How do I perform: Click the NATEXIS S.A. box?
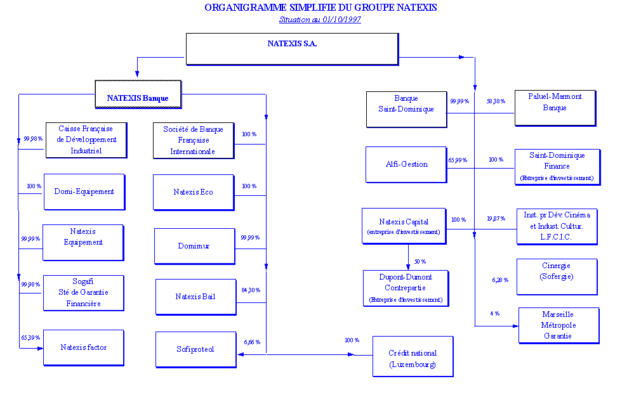[x=292, y=49]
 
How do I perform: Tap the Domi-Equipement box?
[x=84, y=191]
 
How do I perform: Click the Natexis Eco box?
[x=194, y=192]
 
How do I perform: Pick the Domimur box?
[x=194, y=246]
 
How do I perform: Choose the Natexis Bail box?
[x=195, y=297]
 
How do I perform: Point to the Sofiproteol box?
[x=195, y=349]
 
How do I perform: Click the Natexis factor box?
[x=84, y=347]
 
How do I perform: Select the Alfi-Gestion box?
[x=406, y=164]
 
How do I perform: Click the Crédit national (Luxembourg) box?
[x=413, y=359]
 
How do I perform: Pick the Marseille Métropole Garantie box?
[x=558, y=325]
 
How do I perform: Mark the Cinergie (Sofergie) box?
[x=557, y=276]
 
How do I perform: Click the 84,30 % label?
[x=250, y=291]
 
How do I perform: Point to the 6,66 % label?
[x=252, y=342]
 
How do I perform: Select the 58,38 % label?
[x=496, y=101]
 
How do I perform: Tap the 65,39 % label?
[x=30, y=338]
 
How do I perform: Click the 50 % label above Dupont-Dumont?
[x=420, y=262]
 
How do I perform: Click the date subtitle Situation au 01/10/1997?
[x=320, y=20]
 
